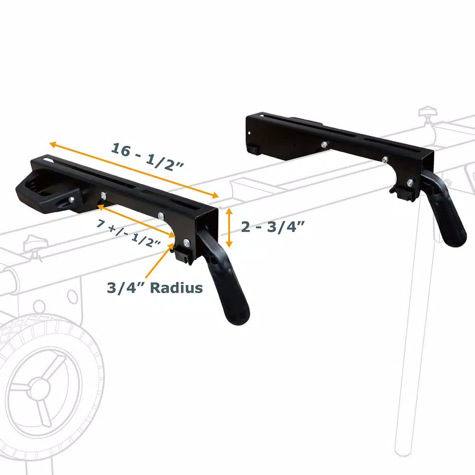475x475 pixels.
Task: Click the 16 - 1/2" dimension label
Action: coord(148,155)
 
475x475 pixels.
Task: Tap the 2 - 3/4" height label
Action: coord(272,227)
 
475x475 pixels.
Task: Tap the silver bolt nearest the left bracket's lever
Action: coord(187,242)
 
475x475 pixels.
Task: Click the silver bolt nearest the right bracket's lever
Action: coord(409,181)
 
